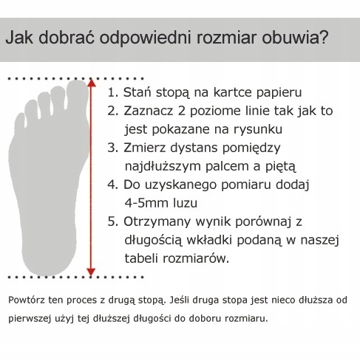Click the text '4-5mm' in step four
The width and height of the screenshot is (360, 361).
click(144, 202)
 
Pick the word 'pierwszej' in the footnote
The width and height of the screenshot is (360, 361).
click(31, 320)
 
